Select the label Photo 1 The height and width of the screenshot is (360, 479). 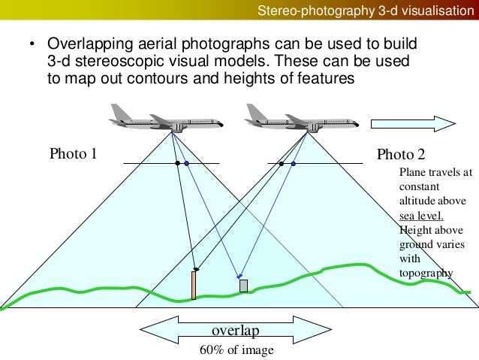point(74,155)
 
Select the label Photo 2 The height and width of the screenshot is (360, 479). point(401,155)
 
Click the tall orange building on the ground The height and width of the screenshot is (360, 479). point(194,285)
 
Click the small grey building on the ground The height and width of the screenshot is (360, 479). point(243,286)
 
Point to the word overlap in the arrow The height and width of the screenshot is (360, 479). point(234,331)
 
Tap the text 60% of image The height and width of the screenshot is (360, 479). point(236,350)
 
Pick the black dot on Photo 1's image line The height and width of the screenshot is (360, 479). point(176,163)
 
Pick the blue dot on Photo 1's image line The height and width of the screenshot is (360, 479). point(186,163)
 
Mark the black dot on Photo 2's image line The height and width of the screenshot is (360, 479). point(281,163)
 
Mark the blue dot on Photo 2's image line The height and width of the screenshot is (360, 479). point(293,163)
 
